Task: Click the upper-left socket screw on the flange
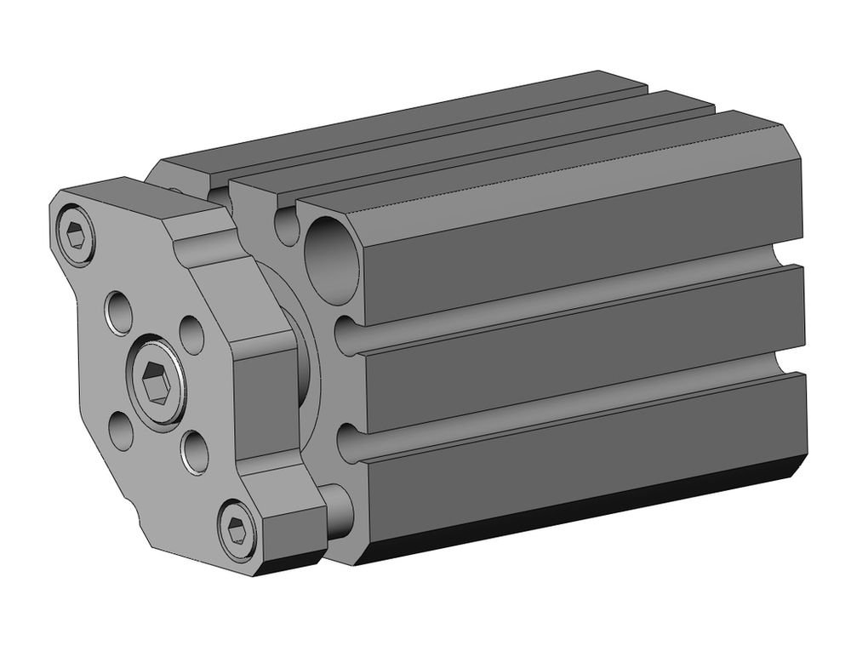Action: tap(76, 231)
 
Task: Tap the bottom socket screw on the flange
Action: tap(238, 531)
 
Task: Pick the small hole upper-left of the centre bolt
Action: tap(118, 311)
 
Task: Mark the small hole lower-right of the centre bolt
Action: tap(195, 451)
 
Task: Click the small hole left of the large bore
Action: tap(287, 226)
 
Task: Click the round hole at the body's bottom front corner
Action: tap(337, 511)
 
